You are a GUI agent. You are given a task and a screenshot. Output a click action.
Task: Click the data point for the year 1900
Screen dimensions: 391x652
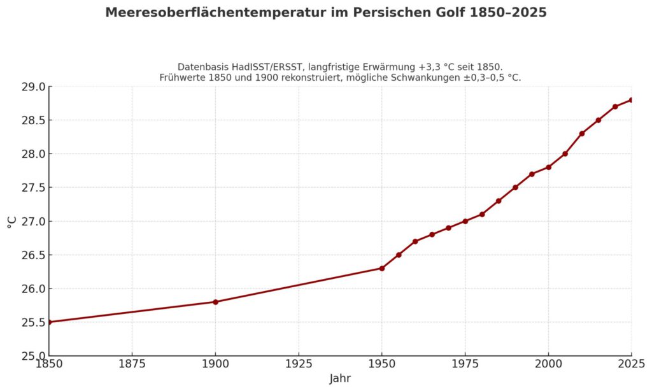click(x=215, y=302)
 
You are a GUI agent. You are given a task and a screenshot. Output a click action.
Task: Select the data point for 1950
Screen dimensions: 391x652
click(x=382, y=268)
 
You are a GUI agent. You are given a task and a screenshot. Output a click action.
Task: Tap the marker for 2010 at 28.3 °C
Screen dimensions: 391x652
click(x=582, y=134)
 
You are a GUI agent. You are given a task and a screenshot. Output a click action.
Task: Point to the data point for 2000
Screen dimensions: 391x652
click(x=548, y=167)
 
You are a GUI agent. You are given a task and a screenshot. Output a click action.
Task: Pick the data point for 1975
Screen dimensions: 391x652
click(x=465, y=221)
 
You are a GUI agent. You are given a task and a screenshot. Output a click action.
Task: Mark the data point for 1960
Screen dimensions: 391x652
click(x=415, y=241)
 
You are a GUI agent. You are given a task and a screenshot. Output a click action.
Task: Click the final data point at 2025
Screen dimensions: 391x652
click(x=631, y=100)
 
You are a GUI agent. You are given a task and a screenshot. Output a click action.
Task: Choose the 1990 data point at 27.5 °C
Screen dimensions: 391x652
click(x=515, y=187)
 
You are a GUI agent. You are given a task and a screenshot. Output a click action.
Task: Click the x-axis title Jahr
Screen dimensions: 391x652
click(x=340, y=379)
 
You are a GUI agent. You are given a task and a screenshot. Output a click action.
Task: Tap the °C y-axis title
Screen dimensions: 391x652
click(x=11, y=221)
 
